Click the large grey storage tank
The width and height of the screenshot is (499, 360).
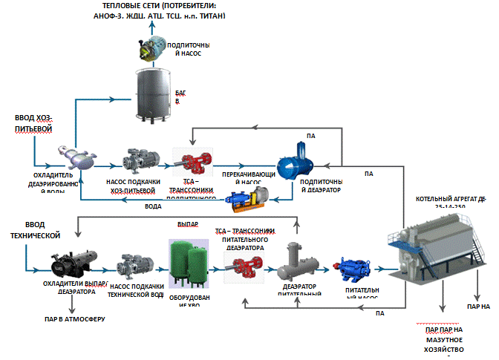point(155,94)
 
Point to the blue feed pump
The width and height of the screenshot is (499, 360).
point(353,268)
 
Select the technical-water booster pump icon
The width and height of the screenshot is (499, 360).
point(135,265)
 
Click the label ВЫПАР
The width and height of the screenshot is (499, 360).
point(188,223)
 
